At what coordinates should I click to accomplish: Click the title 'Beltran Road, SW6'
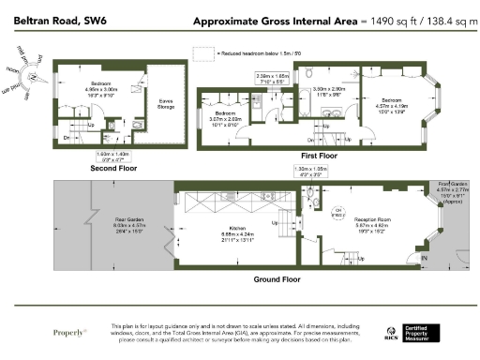(47, 21)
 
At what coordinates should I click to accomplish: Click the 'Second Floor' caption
(113, 169)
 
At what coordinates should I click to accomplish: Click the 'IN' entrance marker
(424, 256)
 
